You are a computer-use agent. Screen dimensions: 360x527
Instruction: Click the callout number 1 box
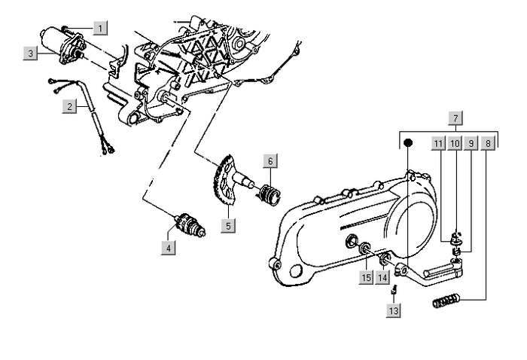click(100, 28)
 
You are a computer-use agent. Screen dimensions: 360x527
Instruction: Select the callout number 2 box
click(69, 106)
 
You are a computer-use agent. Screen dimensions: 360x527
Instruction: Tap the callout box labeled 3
click(30, 53)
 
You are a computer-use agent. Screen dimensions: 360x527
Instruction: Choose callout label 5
click(227, 224)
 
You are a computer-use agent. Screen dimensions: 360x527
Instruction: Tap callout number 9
click(471, 142)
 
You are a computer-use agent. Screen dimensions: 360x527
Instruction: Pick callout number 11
click(438, 142)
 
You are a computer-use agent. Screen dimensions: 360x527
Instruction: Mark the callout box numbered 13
click(393, 310)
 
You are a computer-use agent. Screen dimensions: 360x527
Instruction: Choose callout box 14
click(382, 277)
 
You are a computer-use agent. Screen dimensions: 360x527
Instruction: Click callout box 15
click(366, 277)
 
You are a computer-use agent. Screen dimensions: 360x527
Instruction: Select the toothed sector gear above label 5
click(223, 185)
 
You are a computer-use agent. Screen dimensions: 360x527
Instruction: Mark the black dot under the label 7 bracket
click(407, 142)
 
